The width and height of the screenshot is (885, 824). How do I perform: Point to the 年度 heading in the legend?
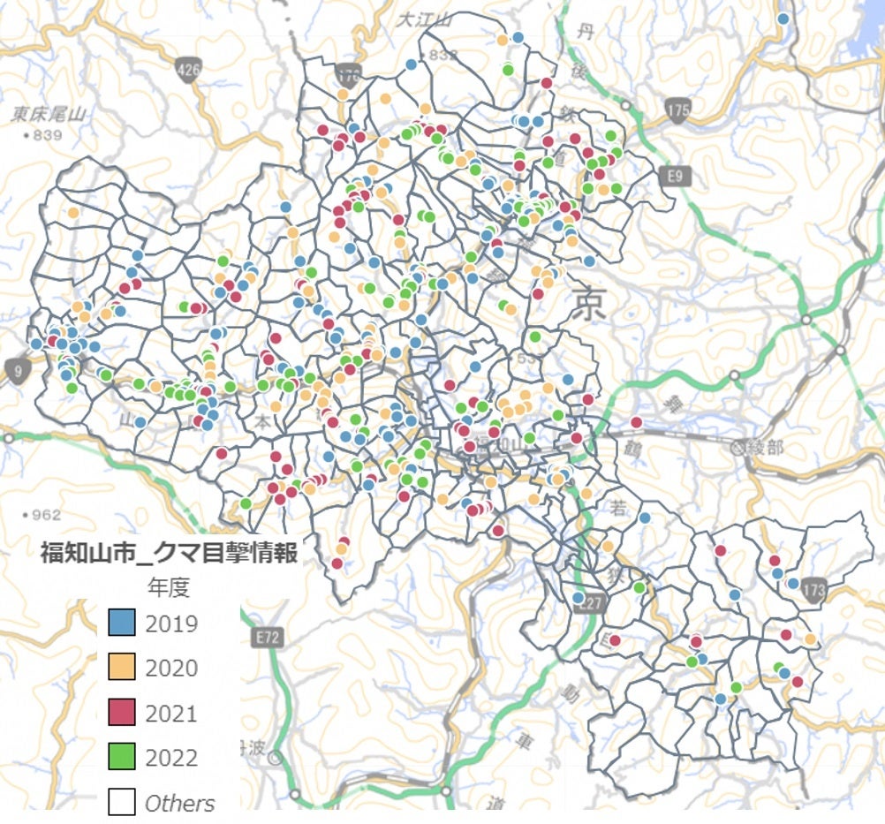click(169, 587)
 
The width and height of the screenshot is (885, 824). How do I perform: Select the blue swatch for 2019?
click(122, 624)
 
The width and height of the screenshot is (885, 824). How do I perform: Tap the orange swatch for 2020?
click(122, 668)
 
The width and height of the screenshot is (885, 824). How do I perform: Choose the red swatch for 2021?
click(122, 713)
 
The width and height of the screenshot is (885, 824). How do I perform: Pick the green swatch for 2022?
click(122, 757)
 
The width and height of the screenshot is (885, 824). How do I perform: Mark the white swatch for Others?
click(122, 802)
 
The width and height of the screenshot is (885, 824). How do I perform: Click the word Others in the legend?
click(180, 803)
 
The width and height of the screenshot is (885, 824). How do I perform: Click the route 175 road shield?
click(678, 110)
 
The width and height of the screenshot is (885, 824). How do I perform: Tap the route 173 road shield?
click(815, 590)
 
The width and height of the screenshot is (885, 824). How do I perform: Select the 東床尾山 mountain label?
click(48, 114)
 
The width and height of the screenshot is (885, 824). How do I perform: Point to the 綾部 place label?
click(764, 448)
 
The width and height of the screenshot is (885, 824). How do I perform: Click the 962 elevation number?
click(45, 515)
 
